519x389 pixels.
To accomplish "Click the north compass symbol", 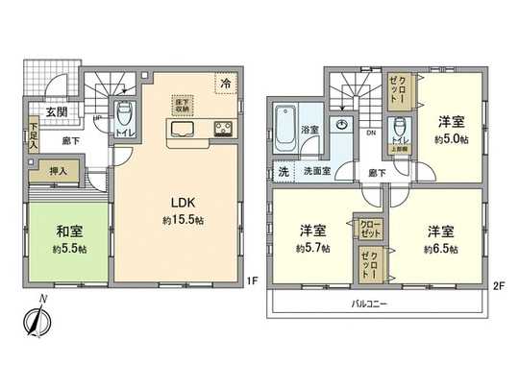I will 37,324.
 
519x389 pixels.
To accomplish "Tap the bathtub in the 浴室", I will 285,126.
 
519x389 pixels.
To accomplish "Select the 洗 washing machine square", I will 283,171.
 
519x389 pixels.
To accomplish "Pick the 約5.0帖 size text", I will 446,139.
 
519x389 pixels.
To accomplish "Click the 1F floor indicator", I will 248,281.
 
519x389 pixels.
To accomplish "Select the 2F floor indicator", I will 499,286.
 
